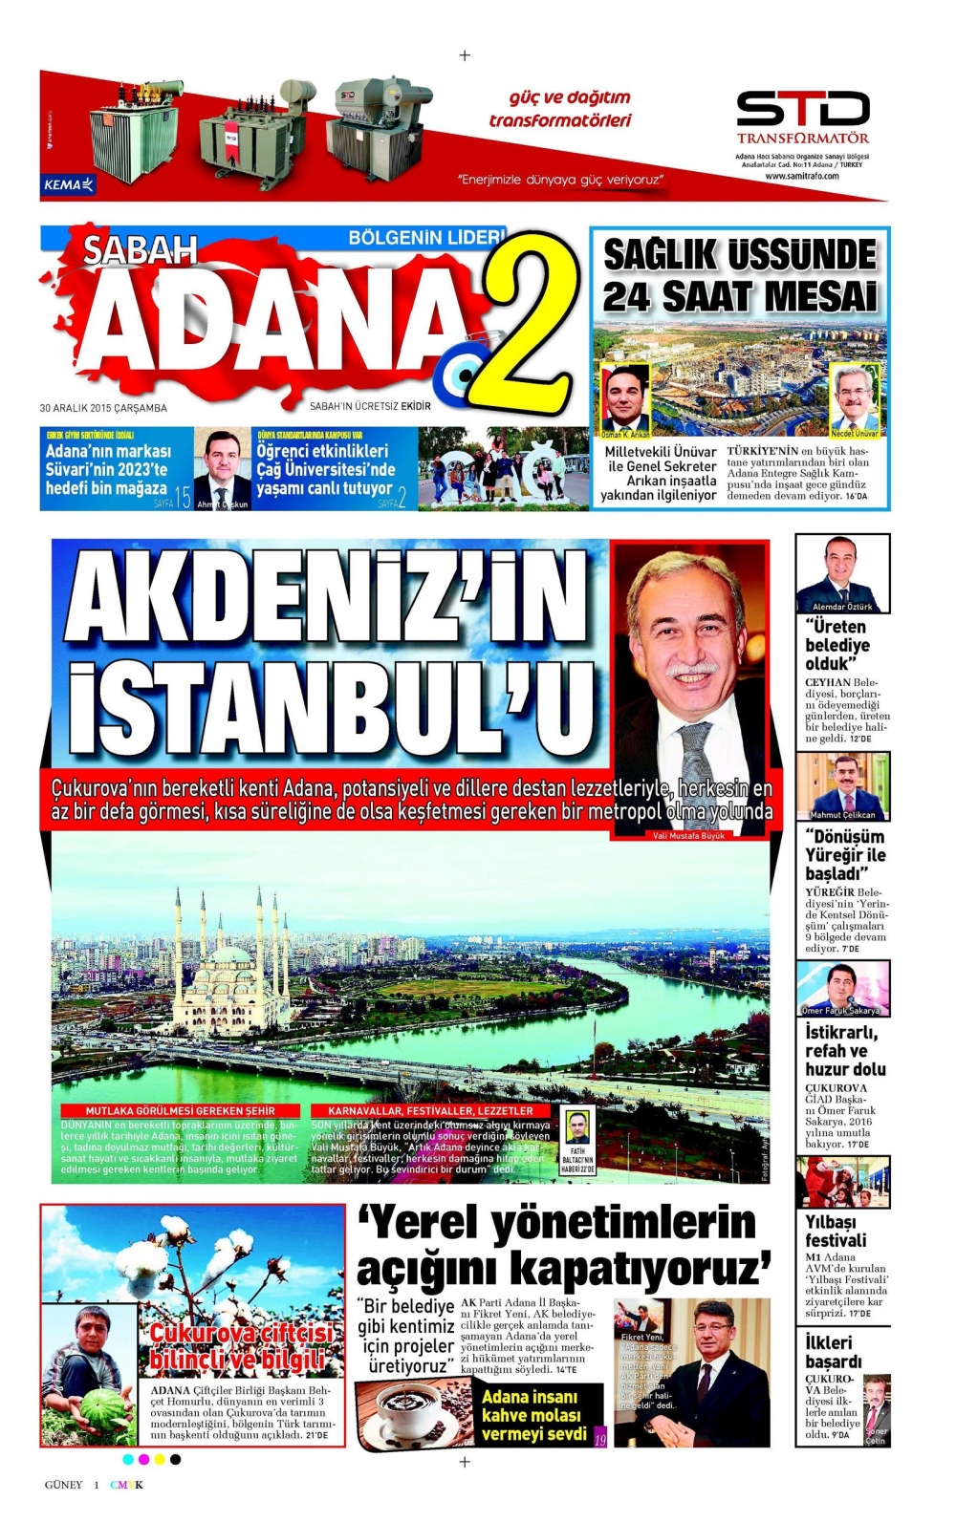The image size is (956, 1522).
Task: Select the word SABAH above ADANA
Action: coord(140,250)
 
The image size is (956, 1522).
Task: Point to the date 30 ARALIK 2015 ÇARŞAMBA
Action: coord(103,408)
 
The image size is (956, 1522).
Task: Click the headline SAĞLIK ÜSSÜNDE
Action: coord(740,255)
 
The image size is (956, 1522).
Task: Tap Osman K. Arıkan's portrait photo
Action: coord(625,395)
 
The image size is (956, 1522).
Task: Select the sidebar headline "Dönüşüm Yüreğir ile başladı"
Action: coord(845,855)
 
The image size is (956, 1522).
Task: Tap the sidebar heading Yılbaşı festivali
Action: coord(836,1231)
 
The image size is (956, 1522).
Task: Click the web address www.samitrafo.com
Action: coord(802,176)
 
